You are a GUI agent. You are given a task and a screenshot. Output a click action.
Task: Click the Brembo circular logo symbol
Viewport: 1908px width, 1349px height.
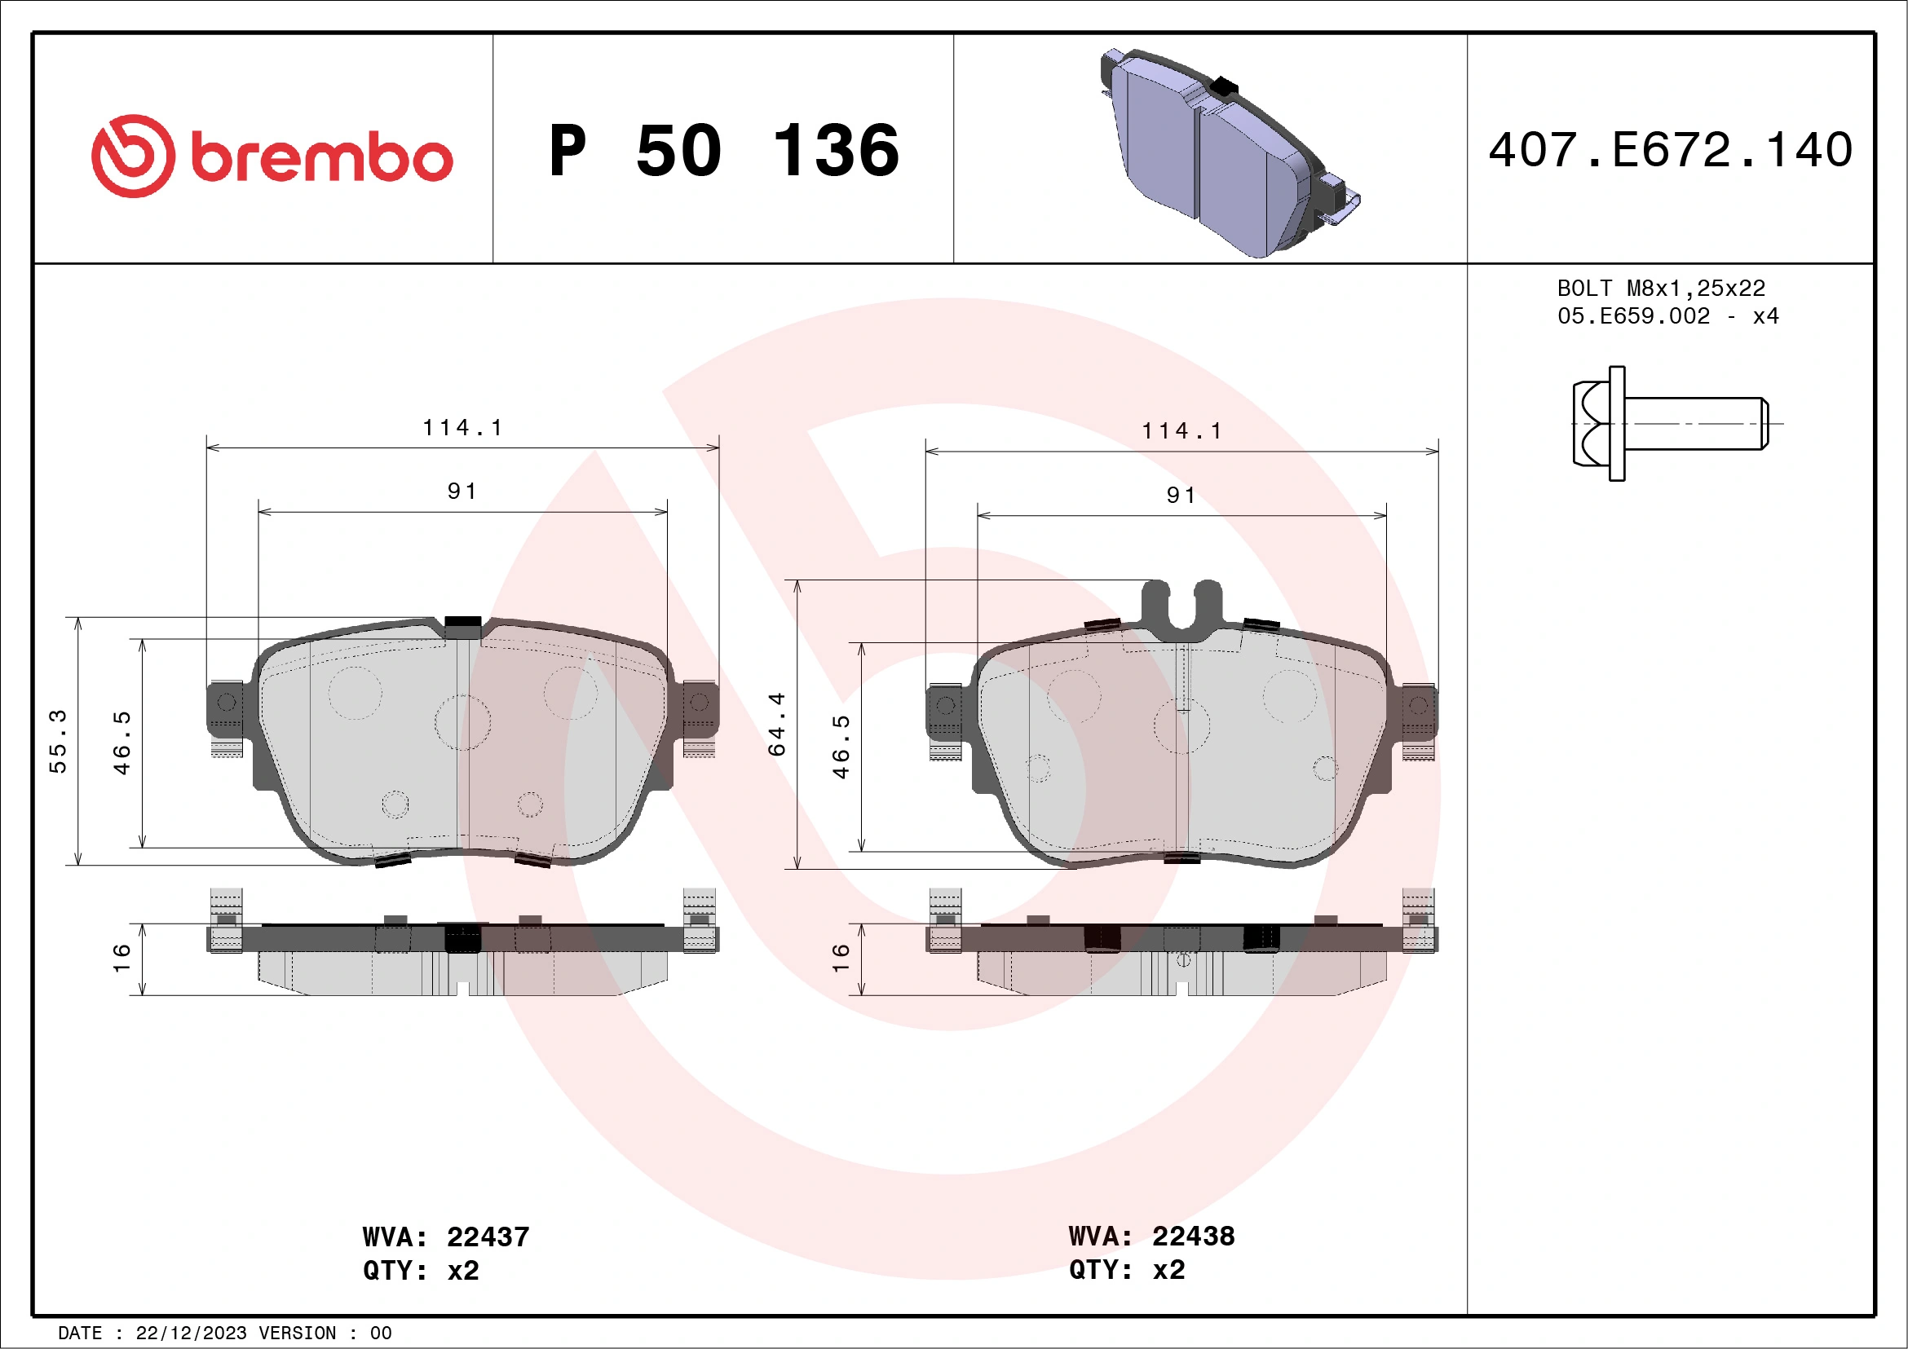click(133, 157)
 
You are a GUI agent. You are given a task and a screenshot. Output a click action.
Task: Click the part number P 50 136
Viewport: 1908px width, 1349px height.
click(724, 151)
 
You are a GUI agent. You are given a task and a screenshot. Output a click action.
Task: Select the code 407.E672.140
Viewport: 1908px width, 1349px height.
click(1671, 150)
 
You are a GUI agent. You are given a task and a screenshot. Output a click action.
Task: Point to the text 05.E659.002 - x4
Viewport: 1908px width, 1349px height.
click(1667, 316)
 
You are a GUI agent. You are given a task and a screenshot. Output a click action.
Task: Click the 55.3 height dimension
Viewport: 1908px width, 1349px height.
click(57, 741)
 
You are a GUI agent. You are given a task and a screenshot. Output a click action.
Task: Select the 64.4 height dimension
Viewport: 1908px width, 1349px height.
click(776, 724)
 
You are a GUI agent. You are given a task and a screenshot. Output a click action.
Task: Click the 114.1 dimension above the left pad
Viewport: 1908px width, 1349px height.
click(462, 428)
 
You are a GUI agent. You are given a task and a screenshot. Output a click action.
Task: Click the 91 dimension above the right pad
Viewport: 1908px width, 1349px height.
click(1181, 496)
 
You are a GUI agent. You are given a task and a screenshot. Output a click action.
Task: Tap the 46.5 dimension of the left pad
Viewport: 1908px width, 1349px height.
click(122, 743)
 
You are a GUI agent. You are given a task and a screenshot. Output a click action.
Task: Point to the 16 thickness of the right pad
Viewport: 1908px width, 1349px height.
click(841, 958)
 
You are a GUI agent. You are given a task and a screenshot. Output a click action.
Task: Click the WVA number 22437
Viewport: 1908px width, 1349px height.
click(488, 1237)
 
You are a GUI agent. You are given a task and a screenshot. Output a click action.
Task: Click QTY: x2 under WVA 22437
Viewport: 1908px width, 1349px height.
click(421, 1271)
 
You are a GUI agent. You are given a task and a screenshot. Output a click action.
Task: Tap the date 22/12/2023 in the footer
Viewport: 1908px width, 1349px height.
click(191, 1334)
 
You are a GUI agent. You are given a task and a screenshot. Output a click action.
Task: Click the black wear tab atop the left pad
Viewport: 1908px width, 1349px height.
click(463, 622)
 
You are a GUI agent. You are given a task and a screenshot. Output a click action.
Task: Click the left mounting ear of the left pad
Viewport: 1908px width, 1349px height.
click(224, 708)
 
